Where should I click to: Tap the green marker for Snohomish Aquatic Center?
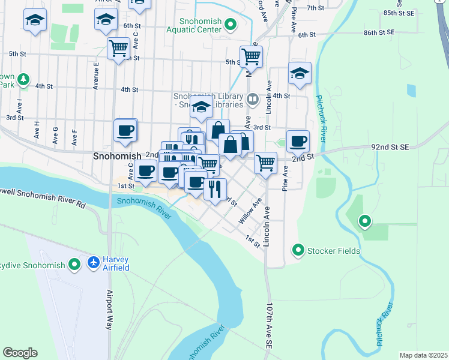pos(230,25)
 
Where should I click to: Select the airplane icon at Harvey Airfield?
pos(93,263)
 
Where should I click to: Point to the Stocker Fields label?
pos(333,250)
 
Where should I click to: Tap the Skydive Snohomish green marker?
pos(74,264)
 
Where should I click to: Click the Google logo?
pos(20,353)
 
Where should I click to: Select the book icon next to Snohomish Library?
pos(253,99)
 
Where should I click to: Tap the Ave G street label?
pos(56,136)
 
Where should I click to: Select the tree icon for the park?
pos(23,79)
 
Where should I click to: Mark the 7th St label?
pos(315,8)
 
